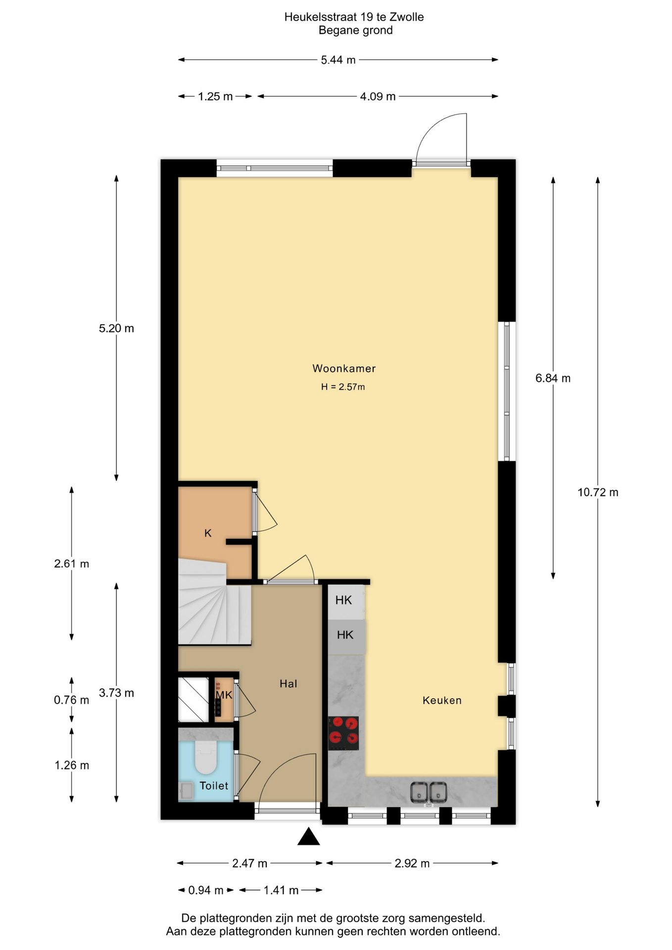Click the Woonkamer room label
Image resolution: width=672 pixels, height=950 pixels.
(x=344, y=369)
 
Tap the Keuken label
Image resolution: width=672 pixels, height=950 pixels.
(x=442, y=700)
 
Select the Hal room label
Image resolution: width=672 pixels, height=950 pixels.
(x=288, y=684)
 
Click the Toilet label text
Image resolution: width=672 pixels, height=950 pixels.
(x=214, y=786)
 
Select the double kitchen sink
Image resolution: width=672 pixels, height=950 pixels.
(x=429, y=792)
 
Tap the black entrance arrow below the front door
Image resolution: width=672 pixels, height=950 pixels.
(x=308, y=837)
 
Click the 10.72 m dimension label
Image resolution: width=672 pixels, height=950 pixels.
(x=598, y=492)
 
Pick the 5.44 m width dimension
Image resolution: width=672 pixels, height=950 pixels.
(x=338, y=60)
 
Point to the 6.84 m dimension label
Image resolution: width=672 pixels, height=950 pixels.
(x=553, y=379)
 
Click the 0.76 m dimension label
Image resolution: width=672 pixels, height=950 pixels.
(x=72, y=700)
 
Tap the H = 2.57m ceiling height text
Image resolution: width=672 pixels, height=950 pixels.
(x=343, y=387)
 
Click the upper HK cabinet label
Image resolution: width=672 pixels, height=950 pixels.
(x=343, y=600)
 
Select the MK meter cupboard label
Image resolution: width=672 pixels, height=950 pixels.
(x=224, y=695)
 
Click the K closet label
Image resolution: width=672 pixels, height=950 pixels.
(x=208, y=533)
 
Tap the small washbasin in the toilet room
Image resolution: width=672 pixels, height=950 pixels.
(x=187, y=791)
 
